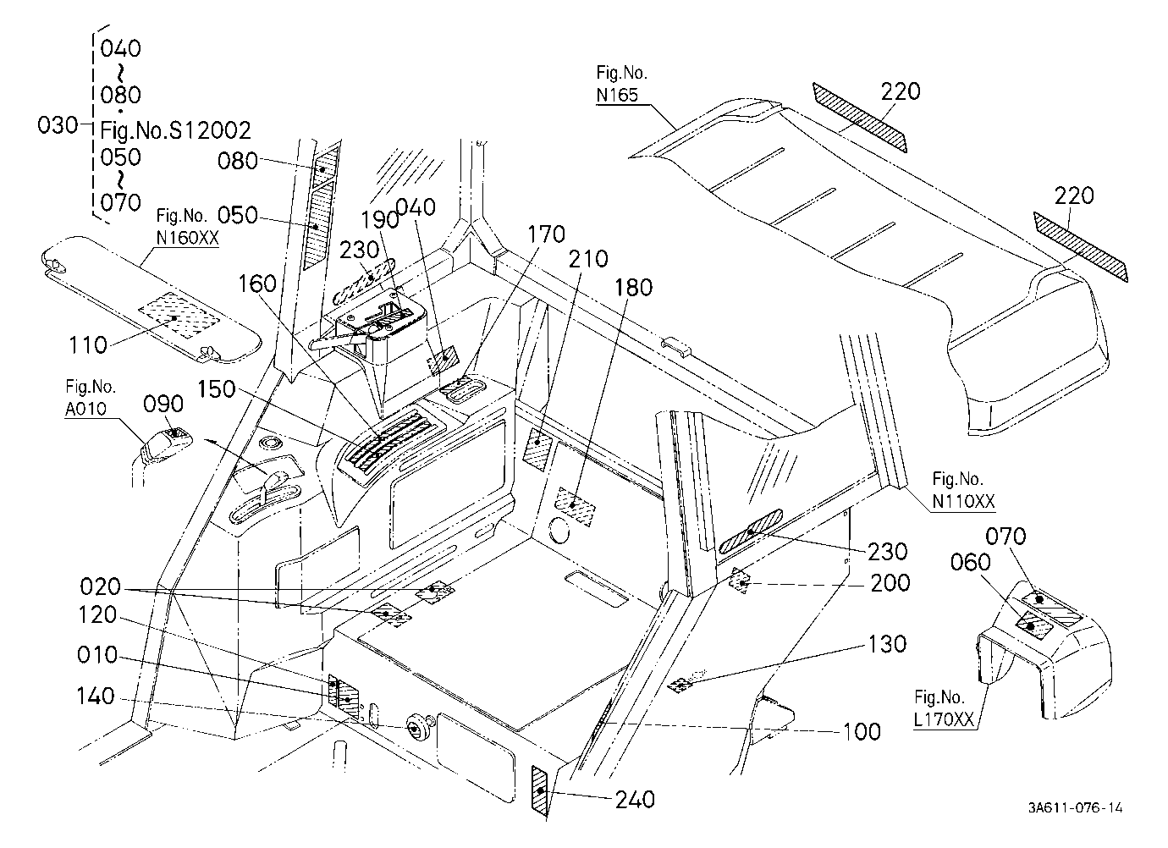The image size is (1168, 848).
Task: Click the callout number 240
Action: coord(635,800)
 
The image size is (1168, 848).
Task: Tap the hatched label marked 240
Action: coord(540,790)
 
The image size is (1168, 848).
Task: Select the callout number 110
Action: coord(88,345)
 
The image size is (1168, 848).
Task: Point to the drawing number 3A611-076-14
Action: coord(1076,808)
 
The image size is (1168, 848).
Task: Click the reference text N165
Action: coord(617,95)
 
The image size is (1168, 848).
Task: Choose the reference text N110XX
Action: coord(963,502)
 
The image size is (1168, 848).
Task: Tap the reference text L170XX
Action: coord(944,719)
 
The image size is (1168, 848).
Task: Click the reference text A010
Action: coord(85,409)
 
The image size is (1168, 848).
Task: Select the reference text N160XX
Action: coord(188,238)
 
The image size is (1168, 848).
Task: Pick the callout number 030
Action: coord(58,126)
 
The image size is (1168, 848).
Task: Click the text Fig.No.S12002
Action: coord(176,130)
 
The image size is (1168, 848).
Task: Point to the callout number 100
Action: coord(862,732)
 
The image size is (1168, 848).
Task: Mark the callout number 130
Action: coord(887,645)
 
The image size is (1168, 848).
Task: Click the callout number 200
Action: coord(890,583)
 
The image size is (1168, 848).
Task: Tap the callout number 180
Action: coord(633,288)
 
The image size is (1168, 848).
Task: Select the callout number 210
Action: coord(588,259)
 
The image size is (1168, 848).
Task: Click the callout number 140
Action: coord(96,697)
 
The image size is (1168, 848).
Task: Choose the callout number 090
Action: coord(163,405)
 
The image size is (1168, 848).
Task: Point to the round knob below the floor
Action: coord(416,727)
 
